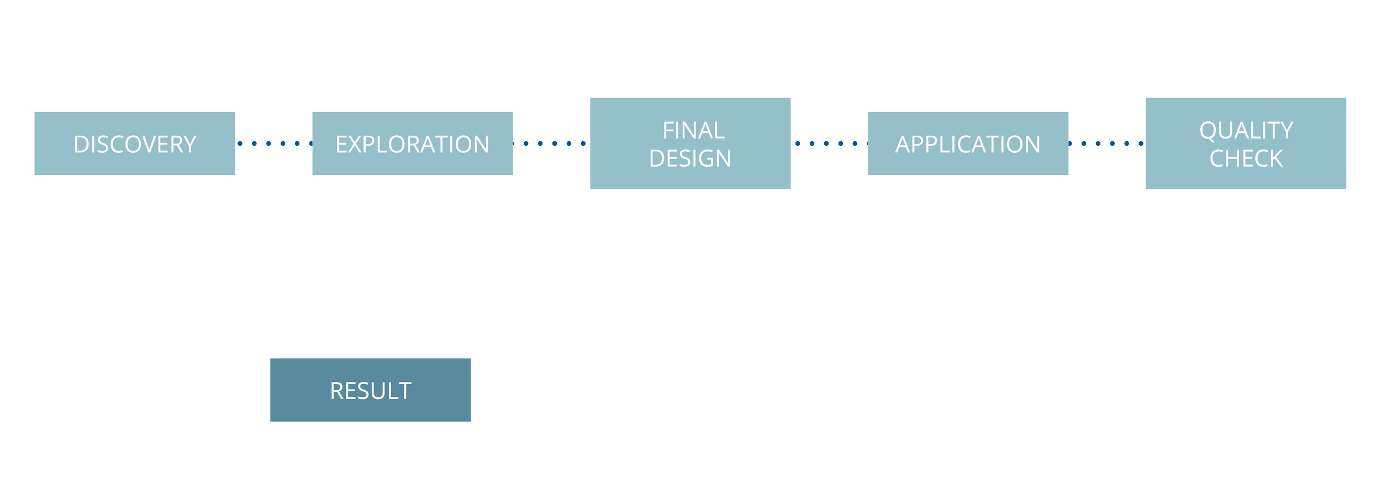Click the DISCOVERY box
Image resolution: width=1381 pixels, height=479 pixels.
135,143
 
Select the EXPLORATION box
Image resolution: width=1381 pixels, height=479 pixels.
412,143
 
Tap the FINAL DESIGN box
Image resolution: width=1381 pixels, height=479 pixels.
690,143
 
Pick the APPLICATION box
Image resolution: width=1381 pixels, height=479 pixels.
968,143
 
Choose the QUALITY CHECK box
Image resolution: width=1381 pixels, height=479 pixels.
1246,143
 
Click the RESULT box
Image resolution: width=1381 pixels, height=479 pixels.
370,390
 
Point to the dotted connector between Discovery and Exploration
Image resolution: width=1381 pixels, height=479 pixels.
275,143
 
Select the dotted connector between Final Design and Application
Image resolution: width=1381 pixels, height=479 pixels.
830,143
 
